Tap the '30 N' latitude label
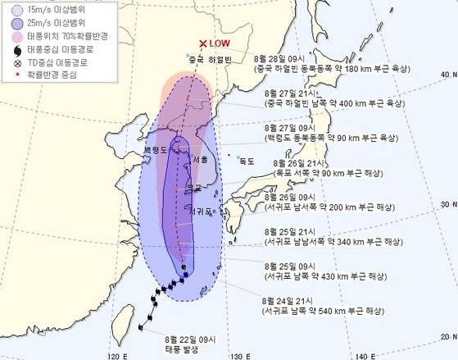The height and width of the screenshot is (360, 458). (x=447, y=204)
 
